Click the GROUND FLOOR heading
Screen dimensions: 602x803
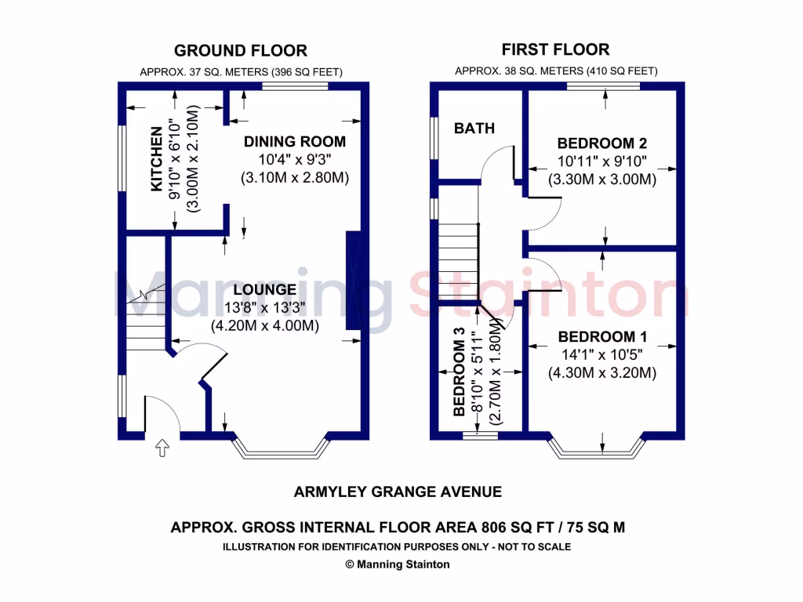point(240,51)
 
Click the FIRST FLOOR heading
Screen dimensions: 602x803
point(556,50)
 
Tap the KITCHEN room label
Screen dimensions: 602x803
point(157,159)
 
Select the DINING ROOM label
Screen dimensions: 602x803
point(295,142)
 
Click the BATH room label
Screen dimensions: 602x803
point(474,128)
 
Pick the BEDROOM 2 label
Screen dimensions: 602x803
point(602,143)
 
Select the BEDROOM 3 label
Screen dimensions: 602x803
point(460,376)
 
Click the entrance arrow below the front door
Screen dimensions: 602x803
point(162,448)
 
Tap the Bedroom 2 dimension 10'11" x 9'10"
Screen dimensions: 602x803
point(602,161)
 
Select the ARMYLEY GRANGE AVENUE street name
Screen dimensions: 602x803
point(398,492)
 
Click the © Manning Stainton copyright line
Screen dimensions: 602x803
point(398,564)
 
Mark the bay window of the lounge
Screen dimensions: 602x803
point(281,448)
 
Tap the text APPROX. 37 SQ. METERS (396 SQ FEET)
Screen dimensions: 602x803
point(241,72)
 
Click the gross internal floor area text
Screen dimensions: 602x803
point(398,528)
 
